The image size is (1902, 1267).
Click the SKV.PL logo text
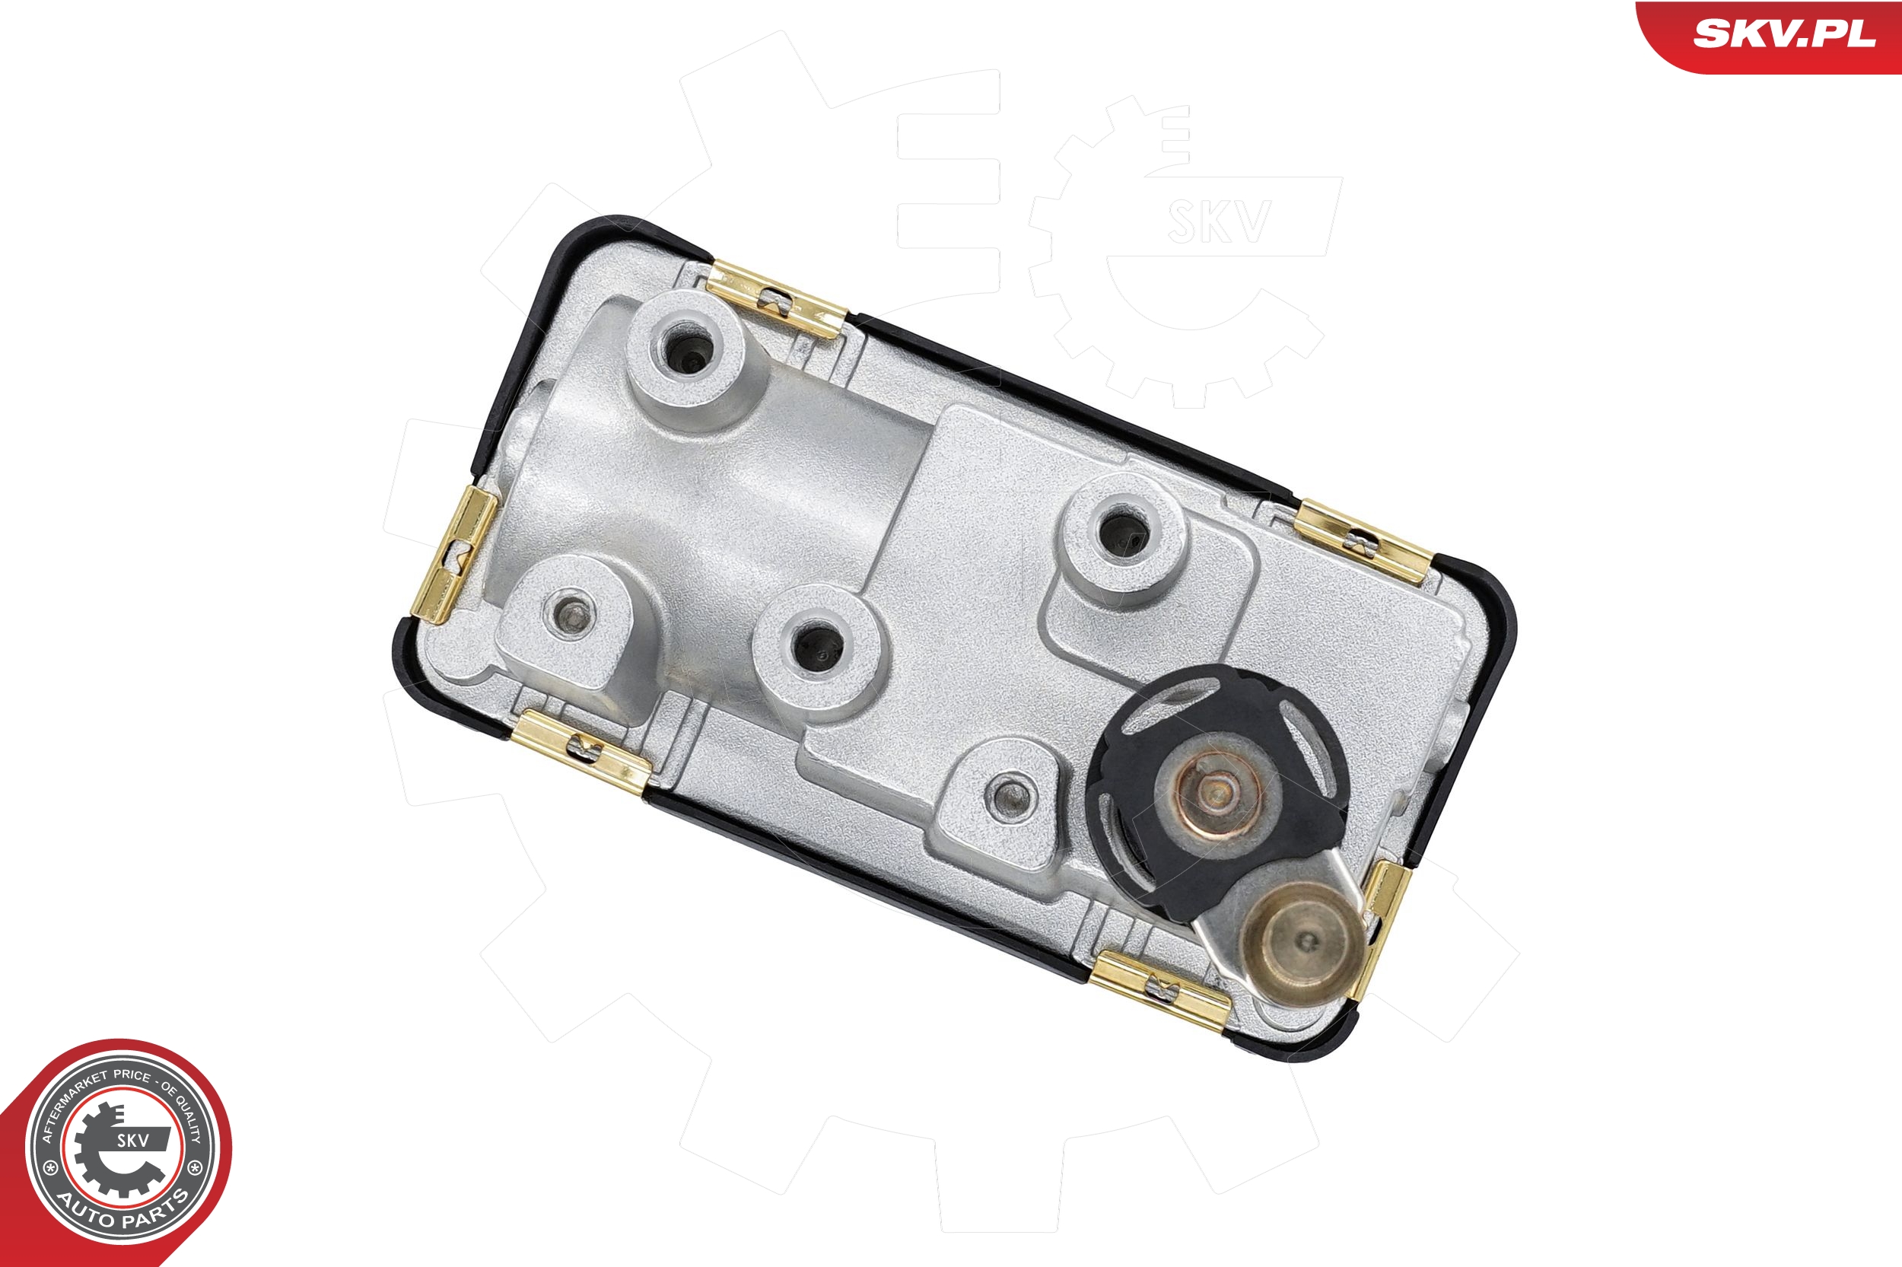click(1783, 34)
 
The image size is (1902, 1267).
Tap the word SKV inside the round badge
click(133, 1140)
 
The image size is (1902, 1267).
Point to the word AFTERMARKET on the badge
click(74, 1103)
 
